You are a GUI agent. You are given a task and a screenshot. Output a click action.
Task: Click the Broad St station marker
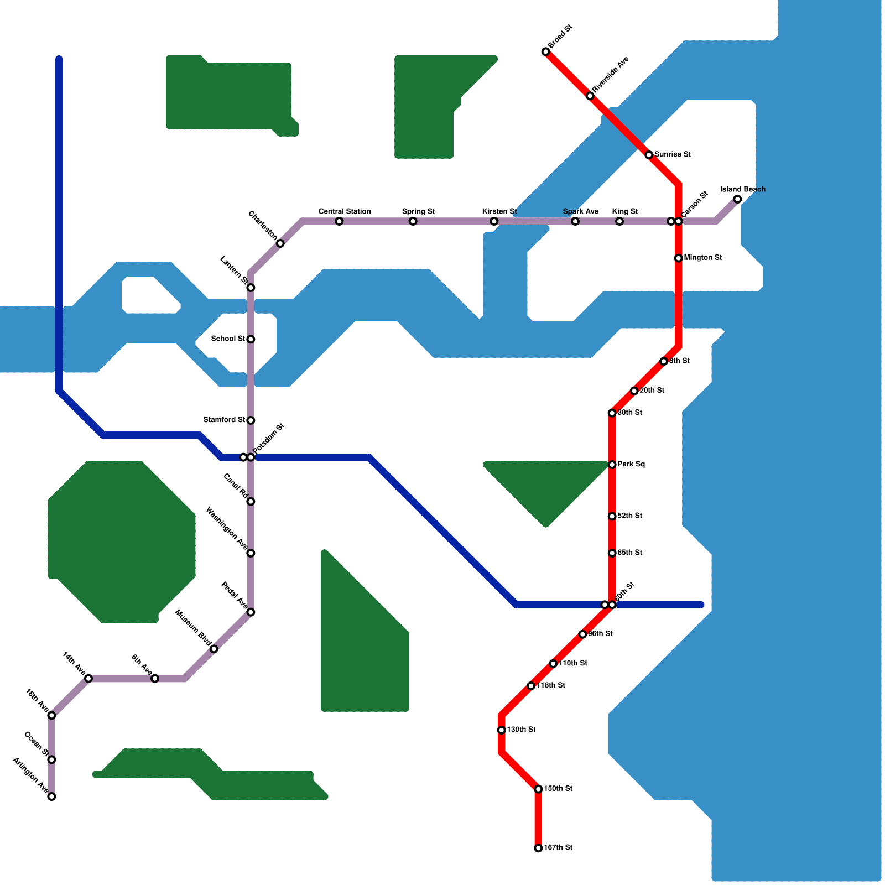[x=545, y=52]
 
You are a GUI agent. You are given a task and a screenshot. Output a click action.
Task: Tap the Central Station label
[x=344, y=212]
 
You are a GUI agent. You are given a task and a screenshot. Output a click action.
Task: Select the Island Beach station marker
[x=737, y=199]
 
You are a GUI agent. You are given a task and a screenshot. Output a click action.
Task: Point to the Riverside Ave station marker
[x=590, y=96]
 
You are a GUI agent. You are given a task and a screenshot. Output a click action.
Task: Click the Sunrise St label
[x=672, y=155]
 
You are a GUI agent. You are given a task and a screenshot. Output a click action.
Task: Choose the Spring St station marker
[x=413, y=222]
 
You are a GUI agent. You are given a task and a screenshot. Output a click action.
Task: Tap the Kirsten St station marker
[x=494, y=222]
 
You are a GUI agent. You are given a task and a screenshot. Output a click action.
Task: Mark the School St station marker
[x=251, y=339]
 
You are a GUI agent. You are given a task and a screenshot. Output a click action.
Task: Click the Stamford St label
[x=224, y=420]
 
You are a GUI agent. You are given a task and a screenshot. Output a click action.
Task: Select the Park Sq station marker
[x=612, y=465]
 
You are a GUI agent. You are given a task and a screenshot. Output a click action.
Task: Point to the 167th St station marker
[x=538, y=848]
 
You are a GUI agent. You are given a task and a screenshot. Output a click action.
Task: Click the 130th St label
[x=521, y=730]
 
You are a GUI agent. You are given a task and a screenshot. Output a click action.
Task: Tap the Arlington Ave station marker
[x=51, y=796]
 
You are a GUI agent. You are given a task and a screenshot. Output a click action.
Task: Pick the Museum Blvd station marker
[x=214, y=649]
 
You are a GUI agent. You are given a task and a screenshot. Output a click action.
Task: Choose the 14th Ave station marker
[x=88, y=678]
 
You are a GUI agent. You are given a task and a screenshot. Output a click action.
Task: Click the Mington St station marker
[x=678, y=258]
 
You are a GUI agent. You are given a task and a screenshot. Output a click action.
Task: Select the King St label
[x=624, y=212]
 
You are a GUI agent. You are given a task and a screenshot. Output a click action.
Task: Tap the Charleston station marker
[x=280, y=243]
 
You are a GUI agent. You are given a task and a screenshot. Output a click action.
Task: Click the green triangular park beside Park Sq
[x=546, y=487]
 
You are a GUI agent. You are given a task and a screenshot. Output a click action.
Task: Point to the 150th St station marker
[x=538, y=789]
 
